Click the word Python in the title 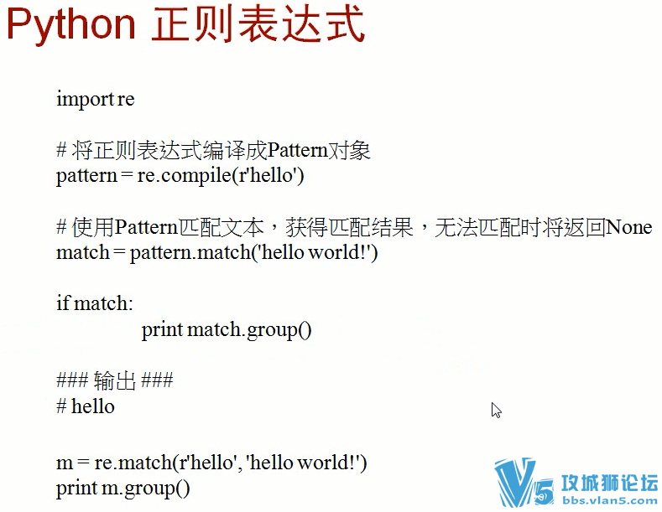point(71,26)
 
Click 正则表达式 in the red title point(258,26)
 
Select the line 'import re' point(95,100)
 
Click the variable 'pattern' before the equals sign point(86,177)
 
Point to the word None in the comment point(628,228)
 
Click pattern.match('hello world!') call point(254,252)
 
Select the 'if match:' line point(95,303)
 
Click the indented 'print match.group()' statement point(227,329)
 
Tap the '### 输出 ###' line point(114,381)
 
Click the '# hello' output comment point(85,407)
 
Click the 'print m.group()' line point(123,489)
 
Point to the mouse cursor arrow point(496,410)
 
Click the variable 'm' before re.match point(65,463)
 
